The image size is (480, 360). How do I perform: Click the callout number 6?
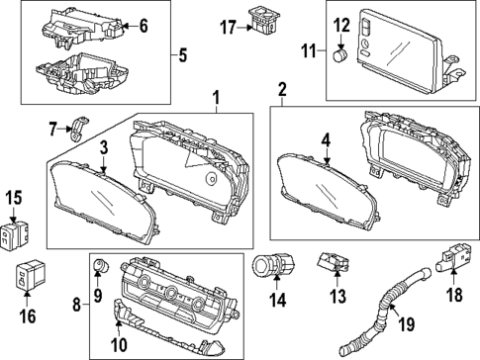coord(143,27)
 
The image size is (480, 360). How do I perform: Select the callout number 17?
coord(226,28)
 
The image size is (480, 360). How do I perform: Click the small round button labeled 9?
coord(99,267)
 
